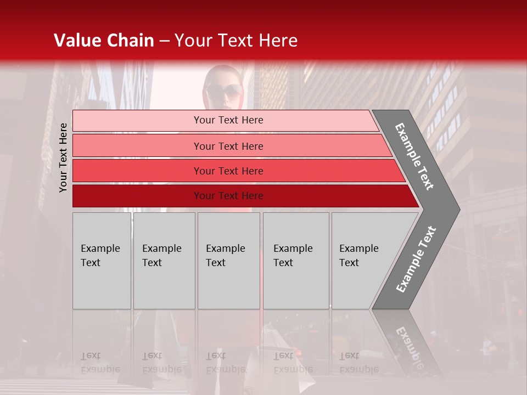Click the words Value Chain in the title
[104, 41]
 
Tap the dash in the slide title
[164, 41]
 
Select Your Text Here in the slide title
[236, 41]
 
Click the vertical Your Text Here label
[63, 157]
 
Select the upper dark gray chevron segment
[414, 156]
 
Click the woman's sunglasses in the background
[224, 91]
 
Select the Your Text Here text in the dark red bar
[228, 196]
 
